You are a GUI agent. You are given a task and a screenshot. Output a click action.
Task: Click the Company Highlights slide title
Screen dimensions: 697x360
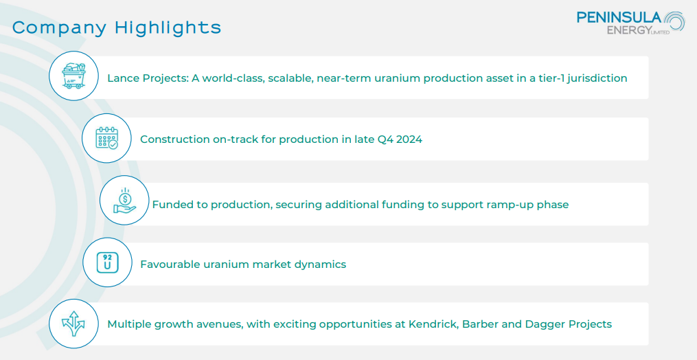coord(117,28)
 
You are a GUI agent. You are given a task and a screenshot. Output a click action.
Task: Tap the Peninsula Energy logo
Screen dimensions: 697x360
coord(631,23)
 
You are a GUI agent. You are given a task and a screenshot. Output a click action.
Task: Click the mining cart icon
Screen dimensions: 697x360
coord(73,76)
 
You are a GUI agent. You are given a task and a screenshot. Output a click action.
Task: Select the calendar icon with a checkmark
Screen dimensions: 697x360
coord(106,138)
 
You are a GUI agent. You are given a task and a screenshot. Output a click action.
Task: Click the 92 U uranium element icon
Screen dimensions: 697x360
coord(108,262)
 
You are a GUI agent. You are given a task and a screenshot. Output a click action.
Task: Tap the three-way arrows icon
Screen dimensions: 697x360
coord(73,324)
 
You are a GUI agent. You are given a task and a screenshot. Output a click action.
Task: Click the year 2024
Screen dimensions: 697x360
coord(409,139)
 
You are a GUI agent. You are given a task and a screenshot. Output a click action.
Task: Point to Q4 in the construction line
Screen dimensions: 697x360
coord(385,139)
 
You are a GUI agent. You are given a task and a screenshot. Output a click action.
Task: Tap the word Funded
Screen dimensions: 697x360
coord(169,205)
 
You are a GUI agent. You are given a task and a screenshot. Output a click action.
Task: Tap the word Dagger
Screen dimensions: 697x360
coord(543,324)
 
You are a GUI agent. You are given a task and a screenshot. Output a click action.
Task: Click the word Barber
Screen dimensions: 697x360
coord(479,324)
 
